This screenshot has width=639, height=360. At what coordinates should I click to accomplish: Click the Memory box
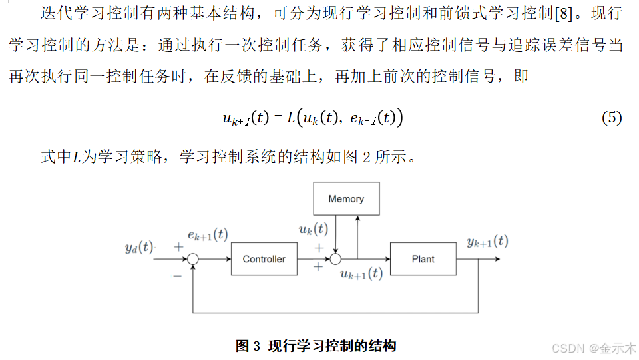click(x=346, y=199)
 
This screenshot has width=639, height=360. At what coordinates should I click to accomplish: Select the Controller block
click(x=264, y=259)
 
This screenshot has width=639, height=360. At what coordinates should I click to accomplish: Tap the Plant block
click(x=423, y=259)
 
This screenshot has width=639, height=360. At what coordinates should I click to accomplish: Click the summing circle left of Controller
click(x=193, y=260)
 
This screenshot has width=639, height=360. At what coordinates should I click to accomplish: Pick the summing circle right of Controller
click(x=336, y=259)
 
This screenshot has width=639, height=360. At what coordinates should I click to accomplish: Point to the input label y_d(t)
click(x=138, y=247)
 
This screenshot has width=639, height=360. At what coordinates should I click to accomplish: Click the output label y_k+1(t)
click(x=487, y=242)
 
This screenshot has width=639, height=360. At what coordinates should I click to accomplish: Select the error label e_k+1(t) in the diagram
click(x=208, y=234)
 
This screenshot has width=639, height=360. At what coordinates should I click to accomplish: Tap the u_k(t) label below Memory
click(x=313, y=229)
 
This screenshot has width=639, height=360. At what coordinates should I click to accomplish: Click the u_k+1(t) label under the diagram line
click(x=361, y=273)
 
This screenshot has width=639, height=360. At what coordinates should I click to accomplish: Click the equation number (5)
click(x=612, y=118)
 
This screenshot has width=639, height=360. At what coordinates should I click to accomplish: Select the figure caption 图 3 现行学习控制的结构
click(x=316, y=346)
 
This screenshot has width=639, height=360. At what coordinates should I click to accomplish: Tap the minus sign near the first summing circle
click(x=177, y=275)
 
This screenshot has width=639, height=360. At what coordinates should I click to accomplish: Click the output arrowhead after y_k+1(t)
click(x=497, y=259)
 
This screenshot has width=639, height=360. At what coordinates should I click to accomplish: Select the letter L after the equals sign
click(x=292, y=118)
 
